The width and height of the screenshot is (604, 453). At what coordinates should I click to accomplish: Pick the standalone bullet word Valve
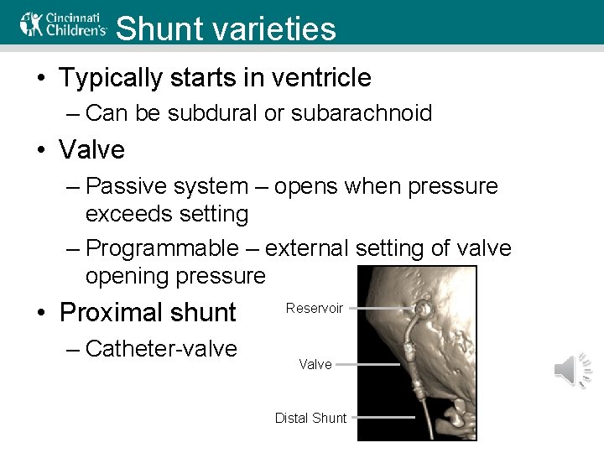[91, 150]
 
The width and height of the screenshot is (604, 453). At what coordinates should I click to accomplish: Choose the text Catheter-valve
[161, 348]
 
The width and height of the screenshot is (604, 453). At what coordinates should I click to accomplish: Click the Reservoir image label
[314, 308]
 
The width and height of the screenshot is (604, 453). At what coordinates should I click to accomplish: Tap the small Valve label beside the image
[315, 364]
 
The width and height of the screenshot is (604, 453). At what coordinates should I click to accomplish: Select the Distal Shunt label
[310, 418]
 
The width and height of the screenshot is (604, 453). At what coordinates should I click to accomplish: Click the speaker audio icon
[574, 370]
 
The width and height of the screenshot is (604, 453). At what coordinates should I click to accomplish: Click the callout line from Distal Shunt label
[383, 417]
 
